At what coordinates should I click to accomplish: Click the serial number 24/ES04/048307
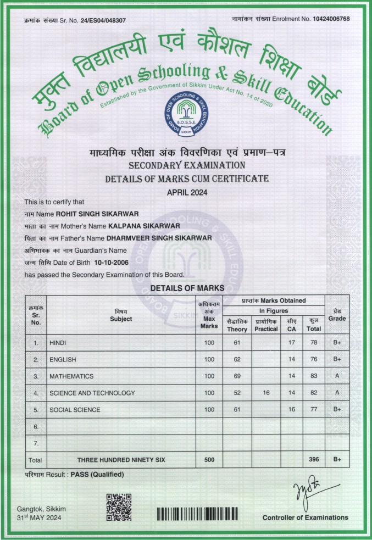[103, 20]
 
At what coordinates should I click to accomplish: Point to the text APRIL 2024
[186, 192]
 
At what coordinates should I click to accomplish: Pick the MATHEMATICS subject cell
[71, 376]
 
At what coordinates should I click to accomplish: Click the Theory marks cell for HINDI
[237, 343]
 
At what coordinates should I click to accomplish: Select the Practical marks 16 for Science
[266, 393]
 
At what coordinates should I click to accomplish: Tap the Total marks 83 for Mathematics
[314, 376]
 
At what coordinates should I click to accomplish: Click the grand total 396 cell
[314, 459]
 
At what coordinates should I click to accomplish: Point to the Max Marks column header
[209, 315]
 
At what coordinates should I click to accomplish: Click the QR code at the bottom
[118, 506]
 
